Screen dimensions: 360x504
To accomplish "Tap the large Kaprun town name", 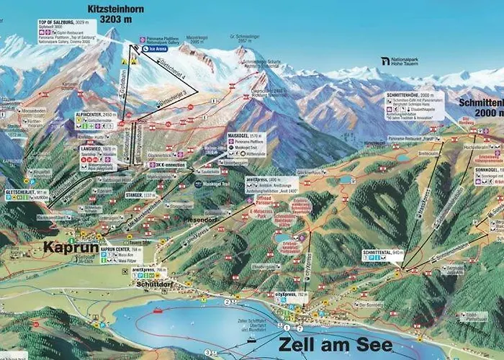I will [x=71, y=246].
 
